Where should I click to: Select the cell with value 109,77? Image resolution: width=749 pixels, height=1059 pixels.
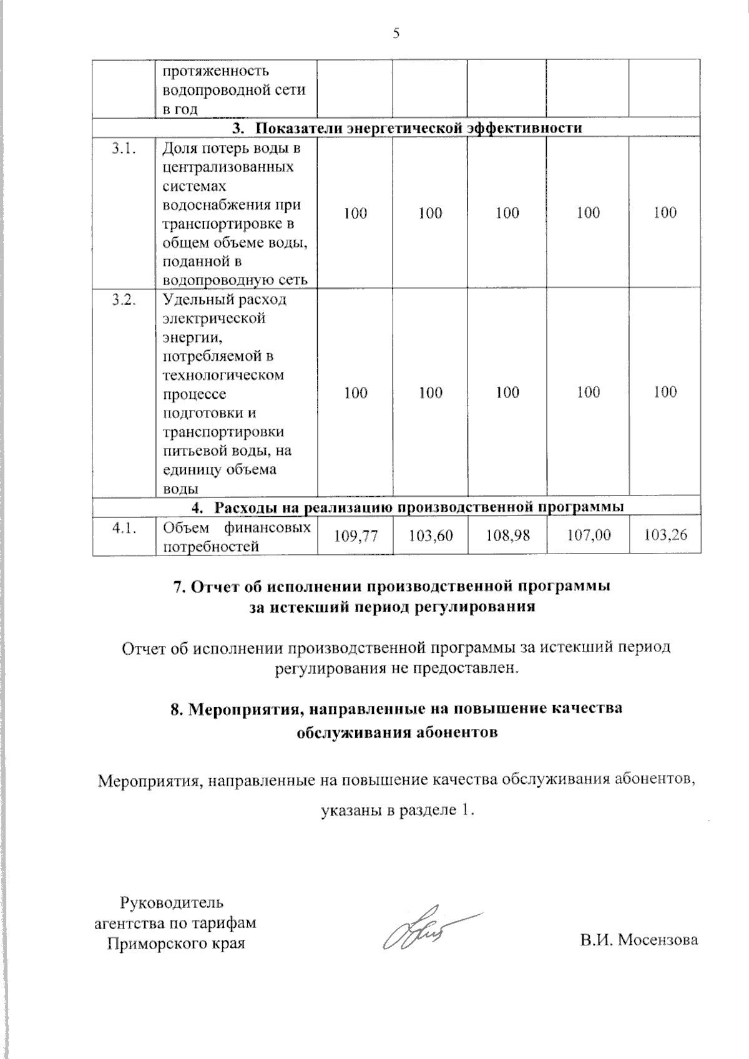click(355, 535)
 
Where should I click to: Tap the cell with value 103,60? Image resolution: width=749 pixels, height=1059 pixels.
click(431, 535)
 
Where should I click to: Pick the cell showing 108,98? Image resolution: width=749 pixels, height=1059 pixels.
click(507, 535)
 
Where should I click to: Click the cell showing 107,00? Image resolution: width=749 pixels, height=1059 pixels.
click(588, 535)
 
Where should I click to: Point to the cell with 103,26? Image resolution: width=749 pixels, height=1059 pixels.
click(665, 535)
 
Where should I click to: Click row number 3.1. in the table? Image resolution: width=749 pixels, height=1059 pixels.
click(124, 149)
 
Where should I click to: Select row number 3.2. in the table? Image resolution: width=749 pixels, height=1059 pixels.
click(124, 300)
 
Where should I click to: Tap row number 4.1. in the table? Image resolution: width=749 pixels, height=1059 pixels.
click(124, 529)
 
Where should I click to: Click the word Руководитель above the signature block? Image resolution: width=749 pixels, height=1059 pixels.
click(171, 902)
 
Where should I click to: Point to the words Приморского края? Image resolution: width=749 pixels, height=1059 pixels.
click(175, 943)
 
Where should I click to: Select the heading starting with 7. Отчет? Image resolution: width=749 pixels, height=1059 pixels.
click(391, 586)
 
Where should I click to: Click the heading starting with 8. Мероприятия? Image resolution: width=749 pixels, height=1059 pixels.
click(396, 709)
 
